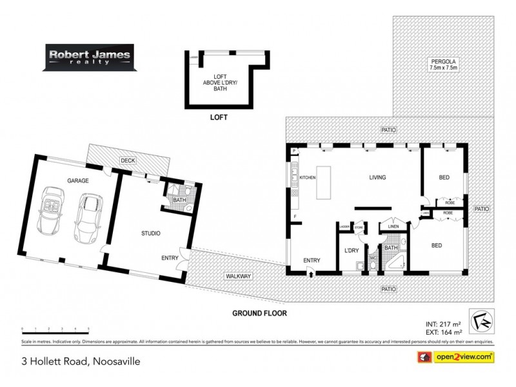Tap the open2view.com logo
point(462,356)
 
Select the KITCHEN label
point(307,177)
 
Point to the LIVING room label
point(377,177)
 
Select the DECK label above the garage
point(126,161)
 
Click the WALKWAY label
point(238,276)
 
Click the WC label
point(372,259)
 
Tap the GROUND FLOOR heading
point(260,313)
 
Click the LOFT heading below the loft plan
point(219,119)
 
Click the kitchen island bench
point(328,177)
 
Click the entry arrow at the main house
point(312,273)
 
